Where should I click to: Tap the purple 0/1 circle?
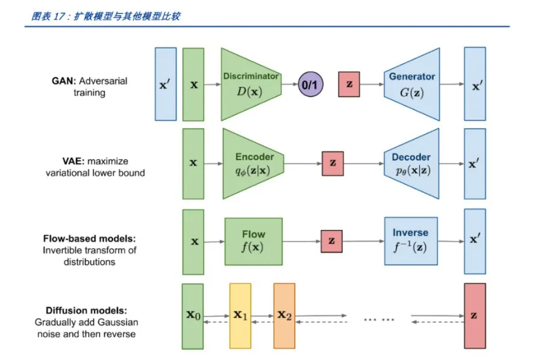coord(310,85)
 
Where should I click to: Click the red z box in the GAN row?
coord(349,85)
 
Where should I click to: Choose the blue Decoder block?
coord(411,163)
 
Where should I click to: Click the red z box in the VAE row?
coord(333,163)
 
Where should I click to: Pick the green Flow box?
coord(254,241)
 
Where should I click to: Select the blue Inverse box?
coord(410,241)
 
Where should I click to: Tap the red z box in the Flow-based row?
coord(331,241)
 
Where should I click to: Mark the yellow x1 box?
coord(240,316)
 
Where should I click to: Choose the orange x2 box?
coord(284,316)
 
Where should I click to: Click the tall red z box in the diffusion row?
coord(475,316)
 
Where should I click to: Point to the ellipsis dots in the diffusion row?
coord(379,320)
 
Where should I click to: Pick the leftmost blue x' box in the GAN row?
coord(166,84)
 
